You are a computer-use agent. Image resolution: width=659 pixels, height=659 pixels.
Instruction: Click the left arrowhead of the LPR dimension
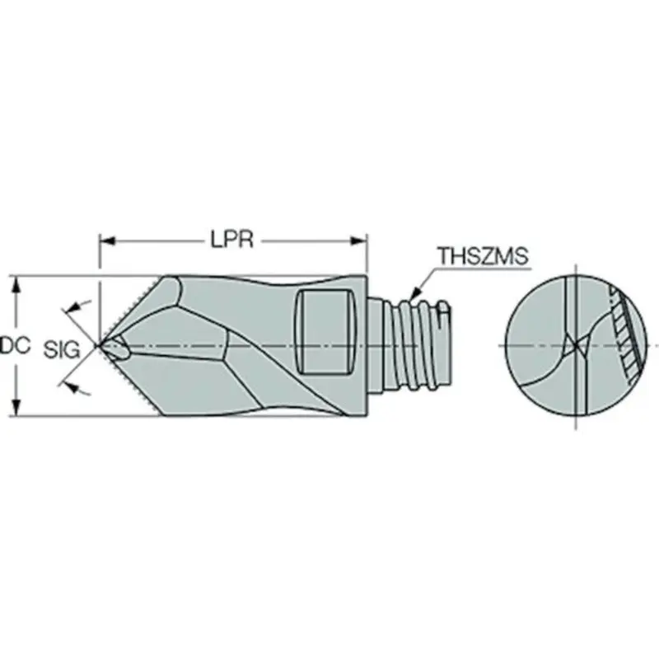[x=105, y=241]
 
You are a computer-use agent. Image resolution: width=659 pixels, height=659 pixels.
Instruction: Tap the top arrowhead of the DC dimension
[x=16, y=282]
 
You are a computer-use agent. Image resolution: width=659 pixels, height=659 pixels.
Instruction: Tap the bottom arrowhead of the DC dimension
[x=16, y=413]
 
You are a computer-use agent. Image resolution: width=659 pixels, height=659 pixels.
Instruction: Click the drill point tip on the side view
[x=101, y=346]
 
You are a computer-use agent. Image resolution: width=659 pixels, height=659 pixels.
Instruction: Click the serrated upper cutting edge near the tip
[x=132, y=305]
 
